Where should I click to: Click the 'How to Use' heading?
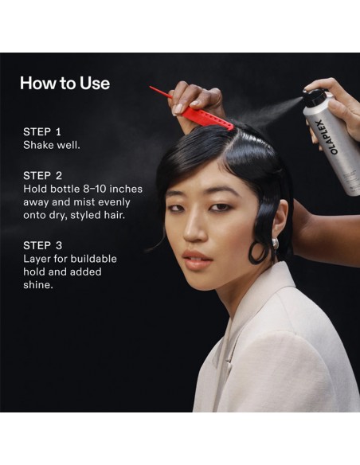tap(65, 83)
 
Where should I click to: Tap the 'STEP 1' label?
tap(41, 131)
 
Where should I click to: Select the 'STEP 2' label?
tap(42, 175)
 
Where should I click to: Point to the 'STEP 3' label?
tap(43, 245)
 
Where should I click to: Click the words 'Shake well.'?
tap(52, 145)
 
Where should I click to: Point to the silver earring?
tap(275, 244)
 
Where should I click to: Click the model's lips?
tap(197, 260)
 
